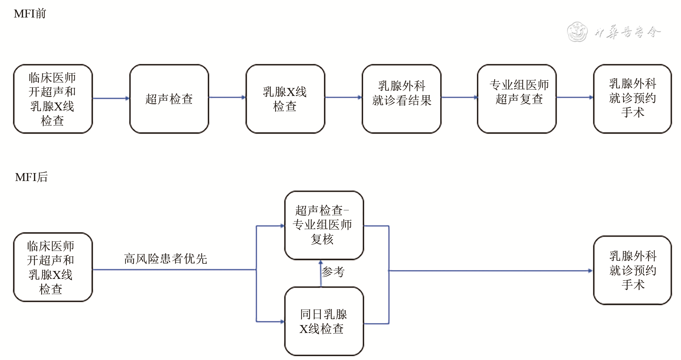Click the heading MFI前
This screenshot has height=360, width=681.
30,14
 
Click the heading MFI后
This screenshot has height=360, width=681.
31,177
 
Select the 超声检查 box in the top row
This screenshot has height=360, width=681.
169,99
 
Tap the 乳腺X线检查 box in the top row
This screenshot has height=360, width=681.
285,99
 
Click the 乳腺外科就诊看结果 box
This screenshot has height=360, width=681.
401,99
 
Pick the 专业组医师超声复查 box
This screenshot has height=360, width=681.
517,99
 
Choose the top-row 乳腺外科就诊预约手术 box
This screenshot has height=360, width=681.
632,99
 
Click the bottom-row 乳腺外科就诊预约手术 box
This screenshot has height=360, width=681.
632,270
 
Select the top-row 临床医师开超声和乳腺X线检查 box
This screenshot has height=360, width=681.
53,99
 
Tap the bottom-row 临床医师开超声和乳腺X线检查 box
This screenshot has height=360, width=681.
53,267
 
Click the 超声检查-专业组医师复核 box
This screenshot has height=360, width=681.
324,225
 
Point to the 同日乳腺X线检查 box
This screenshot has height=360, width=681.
324,321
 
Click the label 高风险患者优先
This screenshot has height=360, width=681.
165,259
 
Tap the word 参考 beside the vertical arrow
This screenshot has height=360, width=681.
333,272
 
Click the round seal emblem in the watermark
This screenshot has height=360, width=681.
577,32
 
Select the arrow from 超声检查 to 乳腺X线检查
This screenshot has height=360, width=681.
227,97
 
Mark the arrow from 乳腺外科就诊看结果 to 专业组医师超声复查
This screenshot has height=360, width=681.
459,97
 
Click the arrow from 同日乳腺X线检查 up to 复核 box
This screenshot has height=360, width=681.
321,273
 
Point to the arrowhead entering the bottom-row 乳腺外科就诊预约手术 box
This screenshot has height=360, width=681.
590,271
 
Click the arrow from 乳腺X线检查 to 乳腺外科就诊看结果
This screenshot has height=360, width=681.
343,97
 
